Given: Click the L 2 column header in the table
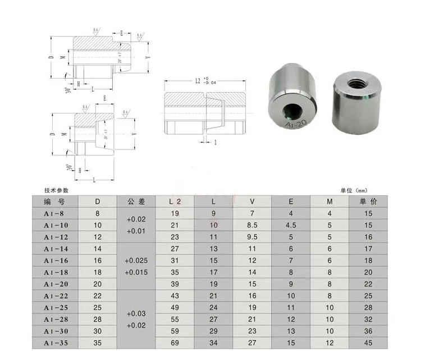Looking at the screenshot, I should (174, 201).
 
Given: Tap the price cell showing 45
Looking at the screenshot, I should (368, 343).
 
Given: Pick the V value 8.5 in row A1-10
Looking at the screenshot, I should (252, 225).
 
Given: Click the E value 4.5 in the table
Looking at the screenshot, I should (290, 225).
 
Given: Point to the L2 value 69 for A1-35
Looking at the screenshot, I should (174, 343).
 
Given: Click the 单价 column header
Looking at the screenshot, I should (368, 201).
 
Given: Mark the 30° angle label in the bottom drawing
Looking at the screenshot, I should (68, 166).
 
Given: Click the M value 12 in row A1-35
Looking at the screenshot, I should (330, 343).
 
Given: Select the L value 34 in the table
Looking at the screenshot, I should (213, 343).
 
